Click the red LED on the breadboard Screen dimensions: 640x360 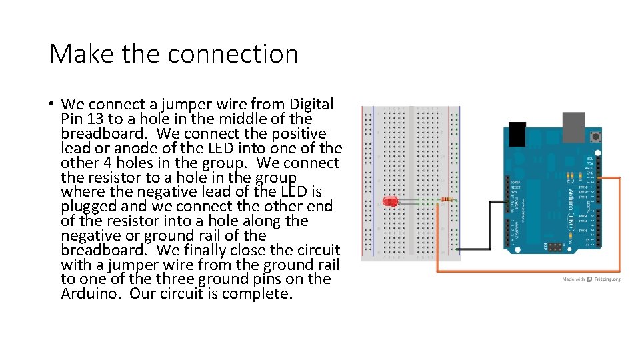tap(388, 201)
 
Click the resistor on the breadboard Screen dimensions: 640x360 tap(446, 199)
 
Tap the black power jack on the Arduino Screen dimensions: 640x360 tap(516, 133)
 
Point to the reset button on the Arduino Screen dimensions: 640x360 tap(593, 137)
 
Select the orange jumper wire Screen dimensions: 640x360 tap(527, 271)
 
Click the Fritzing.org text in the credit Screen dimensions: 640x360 tap(607, 279)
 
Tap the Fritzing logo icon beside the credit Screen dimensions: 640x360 tap(589, 279)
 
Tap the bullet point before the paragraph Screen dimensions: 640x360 tap(51, 104)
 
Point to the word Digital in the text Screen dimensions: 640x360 tap(311, 104)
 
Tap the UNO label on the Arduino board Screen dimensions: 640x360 tap(571, 220)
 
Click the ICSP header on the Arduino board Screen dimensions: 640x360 tap(555, 247)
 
